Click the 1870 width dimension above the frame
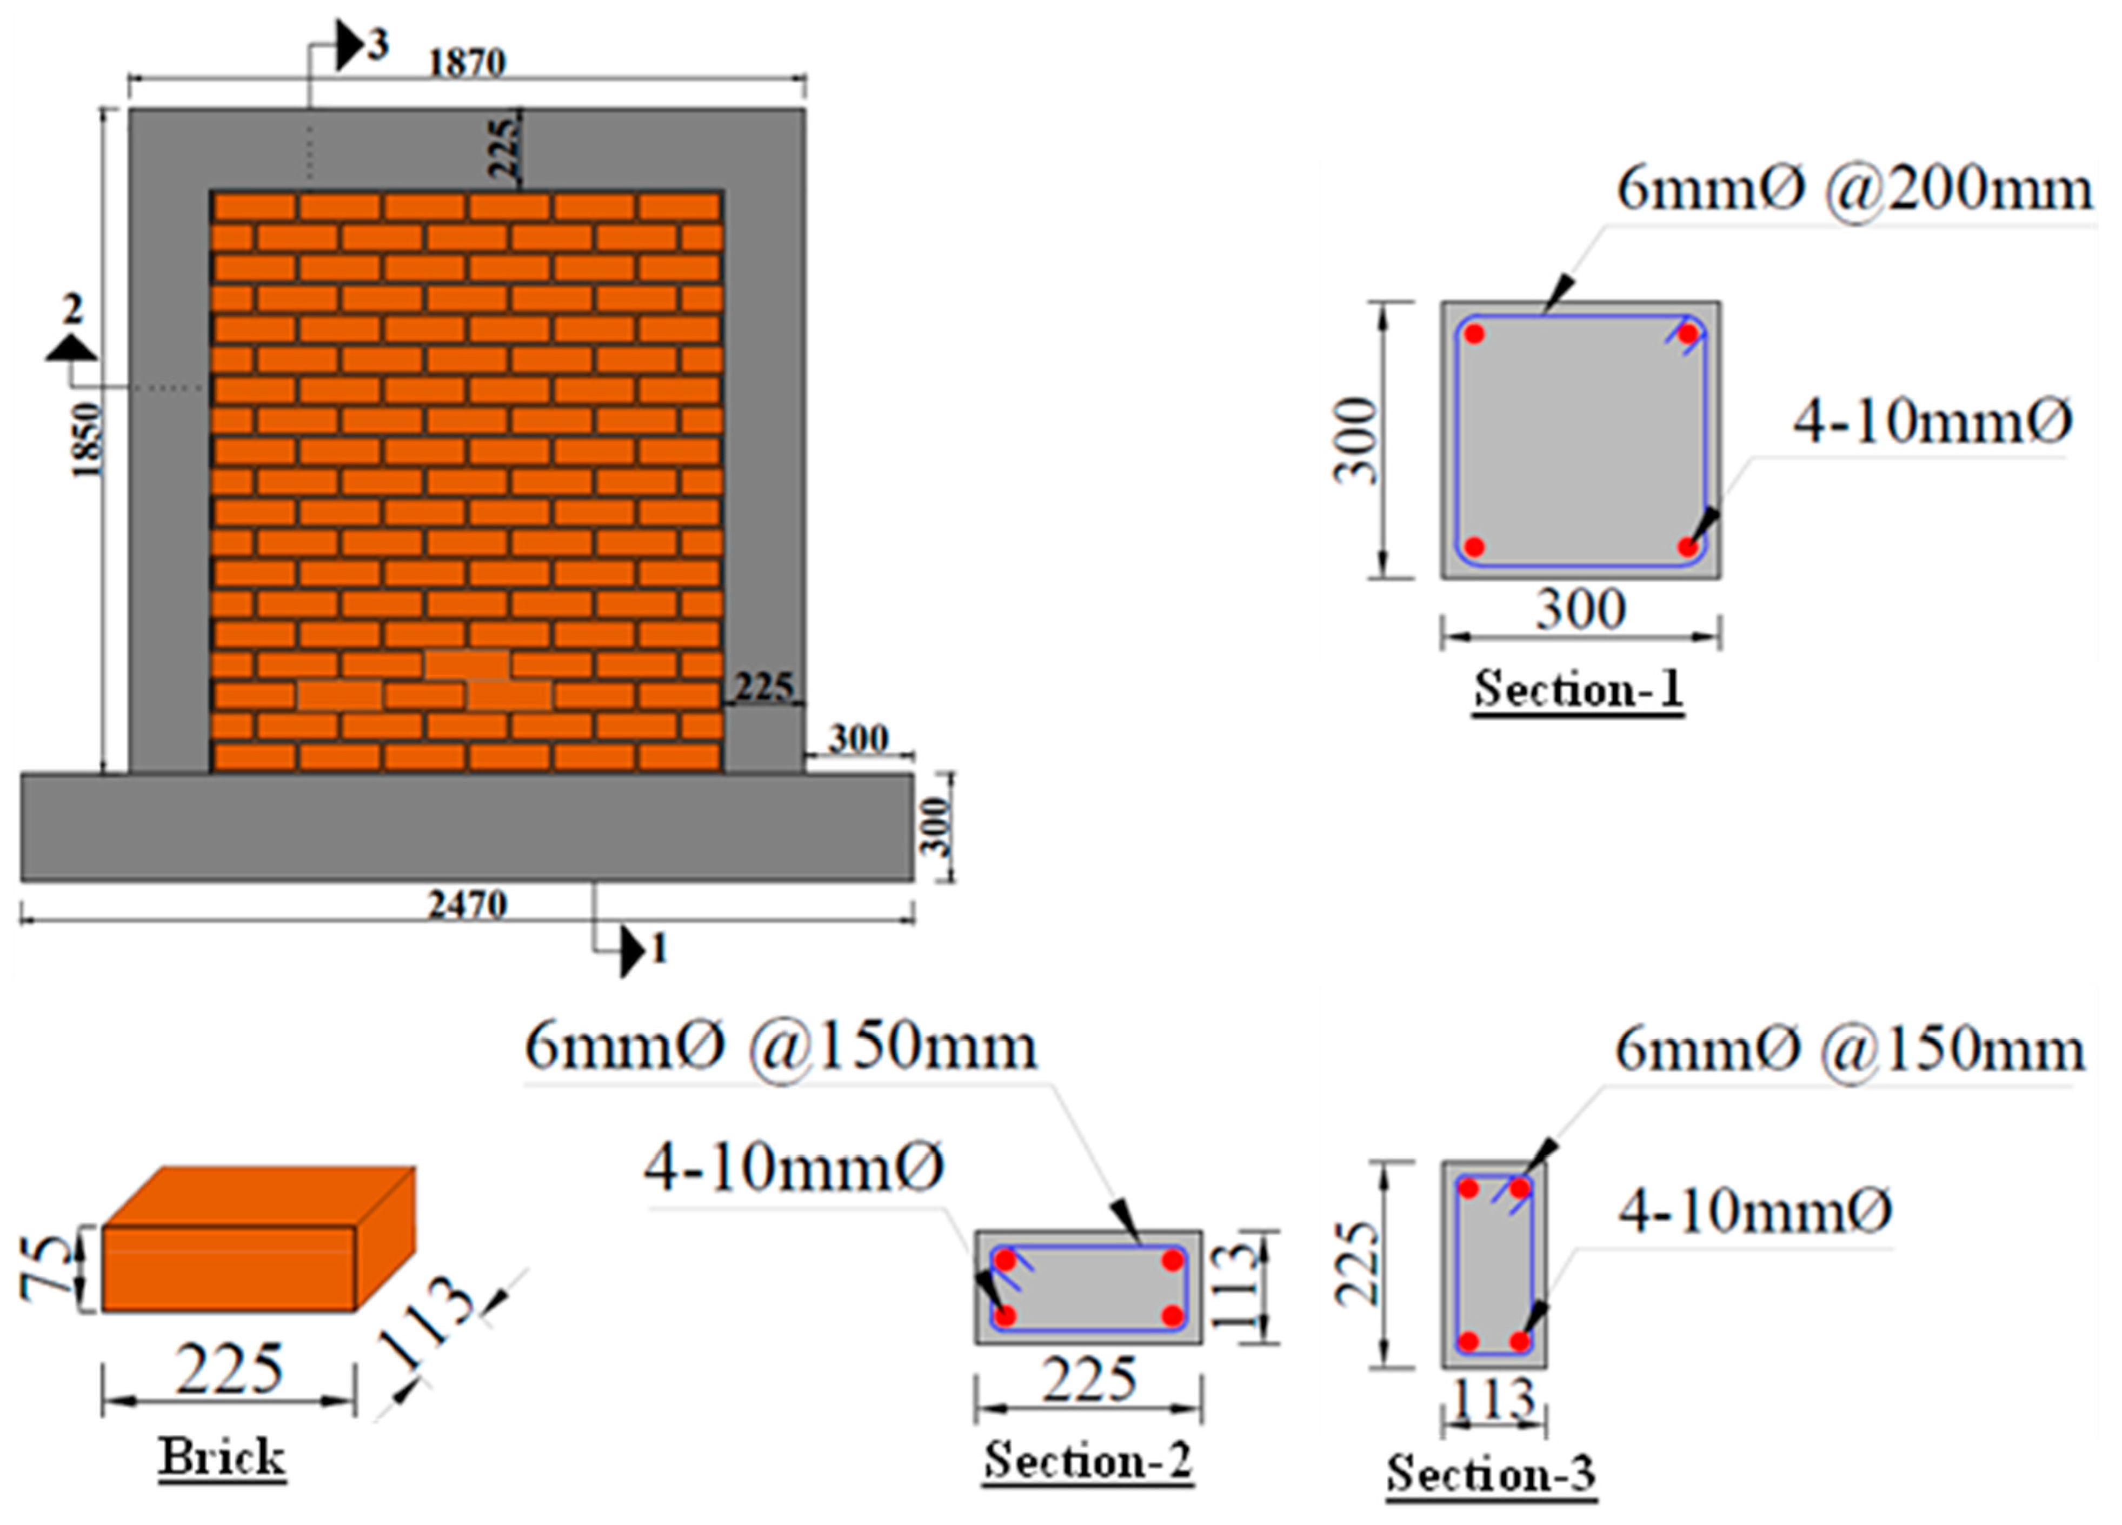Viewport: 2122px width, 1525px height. pyautogui.click(x=467, y=64)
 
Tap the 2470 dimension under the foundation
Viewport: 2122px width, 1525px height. pyautogui.click(x=467, y=905)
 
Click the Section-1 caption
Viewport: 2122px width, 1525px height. pyautogui.click(x=1579, y=690)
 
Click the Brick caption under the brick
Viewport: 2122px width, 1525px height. pyautogui.click(x=222, y=1457)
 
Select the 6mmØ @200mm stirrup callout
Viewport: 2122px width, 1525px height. pyautogui.click(x=1854, y=190)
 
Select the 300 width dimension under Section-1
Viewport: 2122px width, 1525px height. pyautogui.click(x=1580, y=610)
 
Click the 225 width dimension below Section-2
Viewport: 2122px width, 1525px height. pyautogui.click(x=1089, y=1381)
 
